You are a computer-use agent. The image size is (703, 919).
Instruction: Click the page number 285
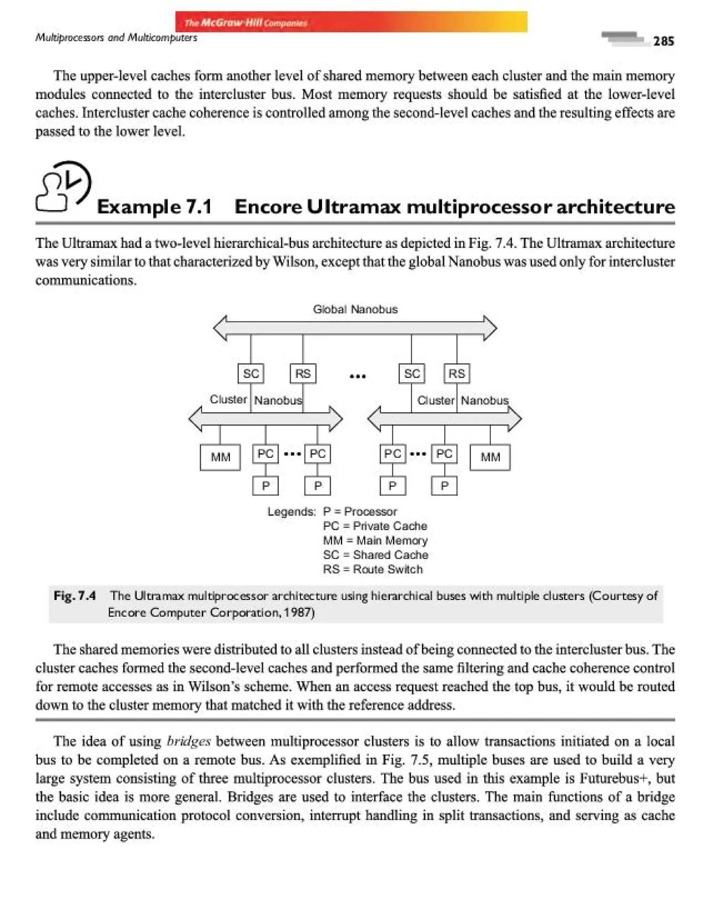pos(663,41)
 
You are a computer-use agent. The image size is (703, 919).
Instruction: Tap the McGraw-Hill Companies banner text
pos(246,23)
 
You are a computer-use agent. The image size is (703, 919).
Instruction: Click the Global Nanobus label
pos(355,309)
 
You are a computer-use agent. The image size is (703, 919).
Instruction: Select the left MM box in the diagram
pos(220,457)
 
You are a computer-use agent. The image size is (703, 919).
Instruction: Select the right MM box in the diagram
pos(490,457)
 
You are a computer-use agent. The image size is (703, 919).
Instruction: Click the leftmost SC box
pos(251,373)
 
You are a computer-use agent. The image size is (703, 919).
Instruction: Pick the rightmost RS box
pos(457,373)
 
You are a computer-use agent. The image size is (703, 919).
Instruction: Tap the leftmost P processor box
pos(265,486)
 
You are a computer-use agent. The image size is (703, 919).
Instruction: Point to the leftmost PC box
pos(265,454)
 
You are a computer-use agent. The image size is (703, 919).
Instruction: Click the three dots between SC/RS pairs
pos(357,376)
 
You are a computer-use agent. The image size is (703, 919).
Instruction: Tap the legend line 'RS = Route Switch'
pos(372,569)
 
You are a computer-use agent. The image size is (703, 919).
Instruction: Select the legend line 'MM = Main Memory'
pos(375,541)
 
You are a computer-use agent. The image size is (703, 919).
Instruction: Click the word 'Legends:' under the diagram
pos(291,512)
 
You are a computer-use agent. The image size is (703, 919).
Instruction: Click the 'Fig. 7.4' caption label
pos(74,595)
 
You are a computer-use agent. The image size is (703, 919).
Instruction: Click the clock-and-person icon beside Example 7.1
pos(64,186)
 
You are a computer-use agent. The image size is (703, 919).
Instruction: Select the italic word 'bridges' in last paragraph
pos(188,741)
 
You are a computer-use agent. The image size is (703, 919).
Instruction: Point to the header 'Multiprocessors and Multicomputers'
pos(116,38)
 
